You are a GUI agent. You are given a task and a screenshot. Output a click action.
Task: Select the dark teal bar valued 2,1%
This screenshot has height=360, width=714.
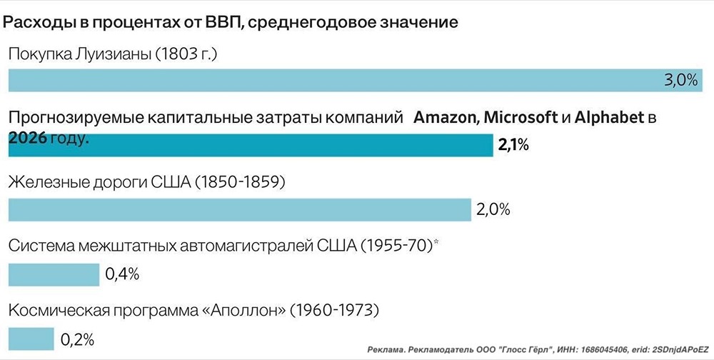(x=250, y=146)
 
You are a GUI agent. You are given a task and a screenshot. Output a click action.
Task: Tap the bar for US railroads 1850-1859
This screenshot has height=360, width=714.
(x=239, y=210)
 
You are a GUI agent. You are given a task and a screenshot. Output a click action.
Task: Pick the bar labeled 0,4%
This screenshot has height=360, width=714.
(x=54, y=274)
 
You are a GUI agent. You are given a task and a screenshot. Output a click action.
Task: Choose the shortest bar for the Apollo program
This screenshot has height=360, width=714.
(x=31, y=338)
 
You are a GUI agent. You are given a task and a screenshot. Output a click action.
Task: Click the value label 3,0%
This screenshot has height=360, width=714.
(x=680, y=81)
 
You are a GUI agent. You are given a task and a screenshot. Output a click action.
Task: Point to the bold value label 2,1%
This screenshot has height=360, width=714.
(x=513, y=146)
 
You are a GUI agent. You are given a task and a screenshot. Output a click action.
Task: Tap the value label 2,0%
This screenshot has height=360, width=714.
(x=493, y=210)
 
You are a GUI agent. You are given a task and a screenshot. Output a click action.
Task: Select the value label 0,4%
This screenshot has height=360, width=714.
(x=122, y=274)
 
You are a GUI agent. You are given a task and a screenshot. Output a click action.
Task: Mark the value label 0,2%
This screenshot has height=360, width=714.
(x=77, y=339)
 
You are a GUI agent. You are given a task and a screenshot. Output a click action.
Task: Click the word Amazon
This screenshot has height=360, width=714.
(x=446, y=118)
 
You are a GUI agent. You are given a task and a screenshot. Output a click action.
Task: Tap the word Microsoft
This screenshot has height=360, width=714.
(x=521, y=118)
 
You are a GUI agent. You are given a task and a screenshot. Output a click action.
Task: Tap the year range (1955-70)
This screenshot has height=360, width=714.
(x=396, y=246)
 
